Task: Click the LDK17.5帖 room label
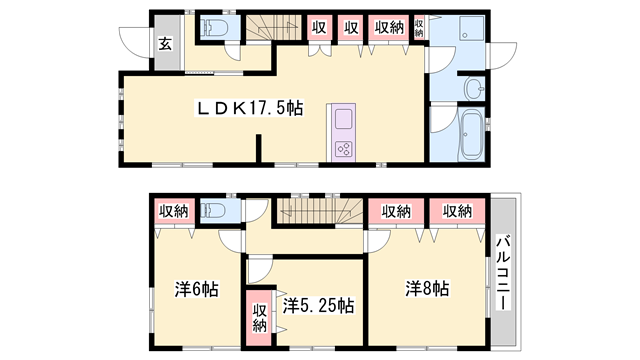[x=250, y=109]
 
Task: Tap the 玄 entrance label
[x=165, y=44]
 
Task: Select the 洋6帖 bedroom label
[x=197, y=289]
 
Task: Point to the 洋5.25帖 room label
[x=318, y=305]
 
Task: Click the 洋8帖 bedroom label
[x=427, y=288]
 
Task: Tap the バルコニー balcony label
[x=503, y=272]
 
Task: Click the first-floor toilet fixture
[x=215, y=28]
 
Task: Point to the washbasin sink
[x=474, y=88]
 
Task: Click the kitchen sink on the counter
[x=343, y=119]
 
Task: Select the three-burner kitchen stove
[x=343, y=149]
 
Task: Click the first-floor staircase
[x=273, y=28]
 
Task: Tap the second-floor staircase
[x=320, y=211]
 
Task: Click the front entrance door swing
[x=135, y=42]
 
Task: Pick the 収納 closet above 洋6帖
[x=174, y=211]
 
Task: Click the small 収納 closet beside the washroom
[x=419, y=28]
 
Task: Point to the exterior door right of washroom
[x=503, y=56]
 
